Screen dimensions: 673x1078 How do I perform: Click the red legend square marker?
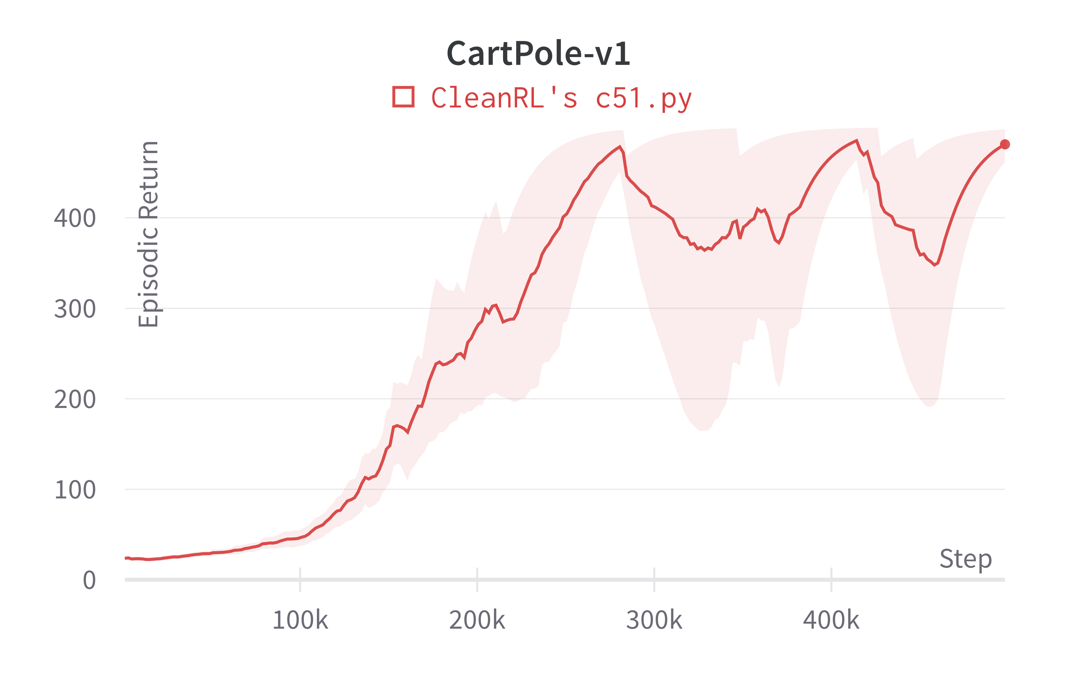[x=403, y=97]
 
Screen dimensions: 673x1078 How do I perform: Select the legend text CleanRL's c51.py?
[x=562, y=98]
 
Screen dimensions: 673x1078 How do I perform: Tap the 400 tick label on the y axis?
[x=75, y=218]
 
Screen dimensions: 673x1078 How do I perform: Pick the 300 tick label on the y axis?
[x=75, y=309]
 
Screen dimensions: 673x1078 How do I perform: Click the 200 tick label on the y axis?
[x=75, y=399]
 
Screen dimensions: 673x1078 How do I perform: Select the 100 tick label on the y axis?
[x=75, y=490]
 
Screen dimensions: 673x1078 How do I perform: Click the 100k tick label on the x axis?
[x=300, y=620]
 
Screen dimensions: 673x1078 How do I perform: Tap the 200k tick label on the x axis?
[x=477, y=620]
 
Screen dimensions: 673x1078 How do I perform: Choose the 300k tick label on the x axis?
[x=654, y=620]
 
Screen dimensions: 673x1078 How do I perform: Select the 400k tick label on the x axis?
[x=831, y=620]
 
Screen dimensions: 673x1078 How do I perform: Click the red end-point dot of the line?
[x=1005, y=144]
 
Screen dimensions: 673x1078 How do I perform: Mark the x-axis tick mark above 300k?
[x=654, y=579]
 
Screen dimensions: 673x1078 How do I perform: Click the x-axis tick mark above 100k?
[x=300, y=579]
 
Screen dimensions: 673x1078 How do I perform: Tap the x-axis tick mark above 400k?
[x=831, y=579]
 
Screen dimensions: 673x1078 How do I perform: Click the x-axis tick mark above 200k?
[x=477, y=579]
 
